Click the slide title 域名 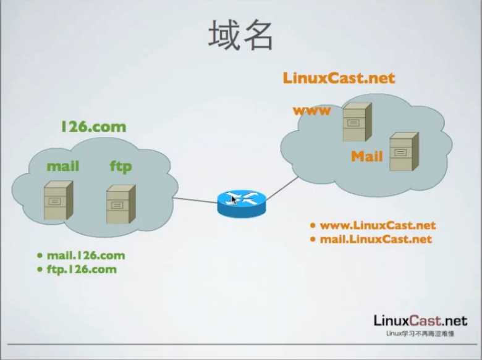240,35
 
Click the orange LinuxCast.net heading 339,78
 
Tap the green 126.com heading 93,127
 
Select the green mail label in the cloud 63,166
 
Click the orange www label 312,111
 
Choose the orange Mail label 367,156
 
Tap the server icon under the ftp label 120,203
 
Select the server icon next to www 357,122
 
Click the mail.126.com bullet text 85,256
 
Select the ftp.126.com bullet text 81,269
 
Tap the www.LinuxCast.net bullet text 378,225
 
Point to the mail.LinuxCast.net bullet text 376,239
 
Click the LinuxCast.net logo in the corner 420,320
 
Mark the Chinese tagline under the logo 420,333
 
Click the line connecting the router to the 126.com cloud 195,199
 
